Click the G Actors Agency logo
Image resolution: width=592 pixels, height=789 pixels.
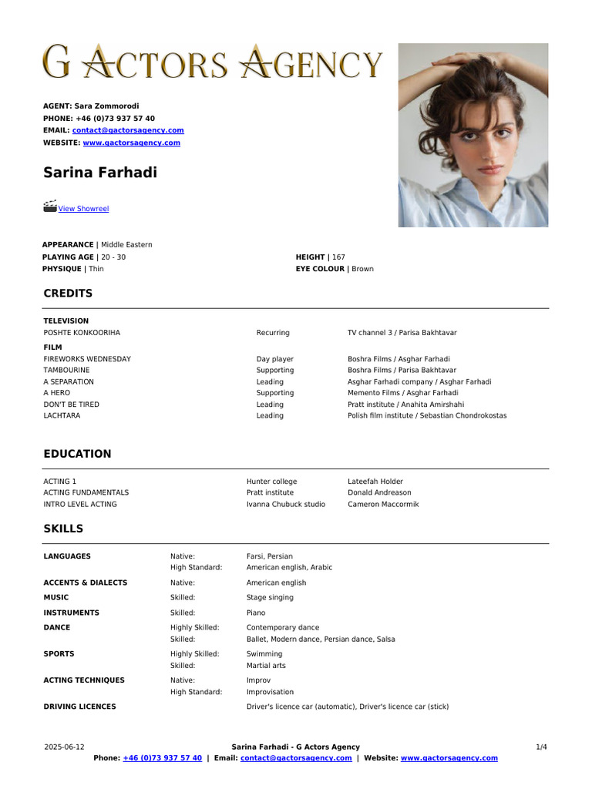pyautogui.click(x=212, y=62)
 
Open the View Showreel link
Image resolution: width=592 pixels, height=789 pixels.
pyautogui.click(x=84, y=209)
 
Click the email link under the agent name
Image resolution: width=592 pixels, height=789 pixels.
pyautogui.click(x=128, y=131)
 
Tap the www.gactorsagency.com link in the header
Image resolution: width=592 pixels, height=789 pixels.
pyautogui.click(x=131, y=143)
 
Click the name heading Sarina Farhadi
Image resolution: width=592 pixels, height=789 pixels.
pyautogui.click(x=100, y=173)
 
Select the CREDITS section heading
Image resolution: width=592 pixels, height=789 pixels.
pyautogui.click(x=68, y=294)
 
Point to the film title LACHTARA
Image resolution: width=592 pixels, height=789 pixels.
pyautogui.click(x=62, y=416)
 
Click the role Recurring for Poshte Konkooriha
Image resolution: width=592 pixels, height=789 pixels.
pyautogui.click(x=273, y=333)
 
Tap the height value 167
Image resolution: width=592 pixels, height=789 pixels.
pyautogui.click(x=338, y=257)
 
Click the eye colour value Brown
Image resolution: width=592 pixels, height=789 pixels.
pyautogui.click(x=362, y=269)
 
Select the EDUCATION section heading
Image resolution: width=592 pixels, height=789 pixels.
pyautogui.click(x=77, y=454)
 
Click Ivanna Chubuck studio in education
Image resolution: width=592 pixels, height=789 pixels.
pyautogui.click(x=285, y=505)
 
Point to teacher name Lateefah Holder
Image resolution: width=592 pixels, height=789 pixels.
pyautogui.click(x=375, y=482)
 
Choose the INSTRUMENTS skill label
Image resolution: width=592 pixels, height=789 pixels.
pyautogui.click(x=71, y=613)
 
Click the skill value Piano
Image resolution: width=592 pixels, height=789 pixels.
pyautogui.click(x=256, y=613)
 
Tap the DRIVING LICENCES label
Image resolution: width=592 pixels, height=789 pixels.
pyautogui.click(x=79, y=707)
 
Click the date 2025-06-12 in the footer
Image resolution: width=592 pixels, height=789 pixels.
pyautogui.click(x=65, y=747)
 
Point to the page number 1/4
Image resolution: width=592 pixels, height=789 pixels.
pyautogui.click(x=541, y=747)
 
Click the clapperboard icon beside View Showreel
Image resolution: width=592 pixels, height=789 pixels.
pyautogui.click(x=50, y=206)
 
